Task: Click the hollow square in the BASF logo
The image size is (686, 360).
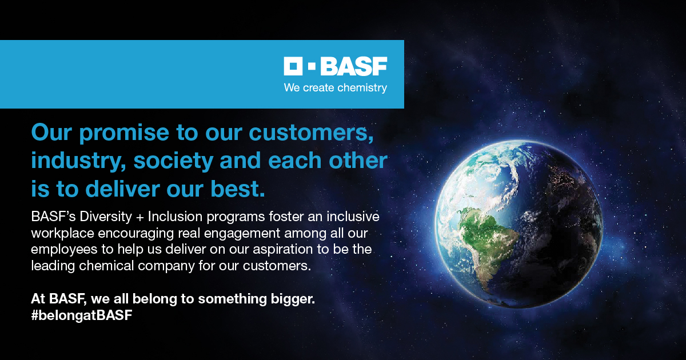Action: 293,66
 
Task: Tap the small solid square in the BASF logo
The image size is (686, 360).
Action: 312,66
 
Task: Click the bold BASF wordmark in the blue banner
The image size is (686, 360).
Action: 354,66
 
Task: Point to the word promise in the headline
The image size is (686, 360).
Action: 124,133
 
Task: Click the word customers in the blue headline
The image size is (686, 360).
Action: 311,133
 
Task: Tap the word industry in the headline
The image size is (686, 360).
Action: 78,161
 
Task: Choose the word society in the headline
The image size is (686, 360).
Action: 173,161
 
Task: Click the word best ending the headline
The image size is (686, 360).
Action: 238,189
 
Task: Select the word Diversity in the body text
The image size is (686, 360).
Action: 106,217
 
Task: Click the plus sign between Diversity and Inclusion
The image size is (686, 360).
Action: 140,217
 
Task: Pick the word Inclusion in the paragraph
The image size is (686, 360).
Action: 175,217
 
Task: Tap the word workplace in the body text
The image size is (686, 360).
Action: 62,233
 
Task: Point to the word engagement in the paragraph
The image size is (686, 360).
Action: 242,234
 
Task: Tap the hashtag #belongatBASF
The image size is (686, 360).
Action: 82,315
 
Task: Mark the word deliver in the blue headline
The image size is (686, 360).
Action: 122,189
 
